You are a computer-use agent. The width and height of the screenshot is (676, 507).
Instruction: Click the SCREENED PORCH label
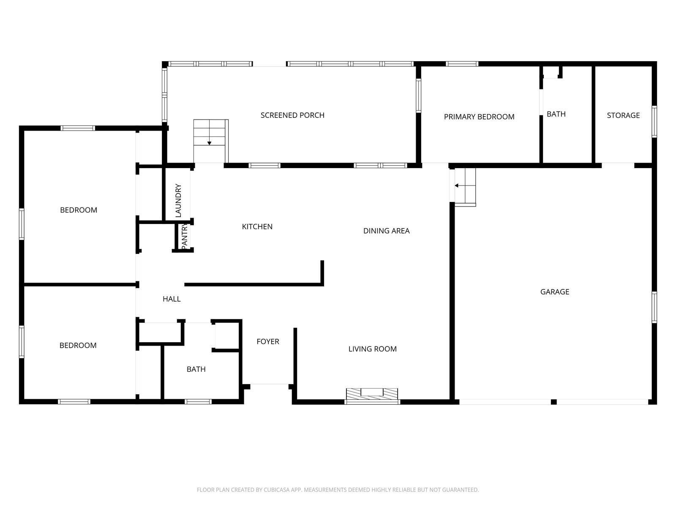(x=292, y=115)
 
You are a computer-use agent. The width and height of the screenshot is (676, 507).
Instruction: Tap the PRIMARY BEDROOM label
(x=479, y=117)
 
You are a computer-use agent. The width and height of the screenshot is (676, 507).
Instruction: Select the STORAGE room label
(x=623, y=115)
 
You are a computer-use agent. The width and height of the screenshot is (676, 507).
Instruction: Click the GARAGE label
(x=555, y=292)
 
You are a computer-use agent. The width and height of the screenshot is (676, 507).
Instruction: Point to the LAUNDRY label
(x=178, y=200)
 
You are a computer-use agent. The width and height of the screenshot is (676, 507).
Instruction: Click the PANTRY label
(x=185, y=237)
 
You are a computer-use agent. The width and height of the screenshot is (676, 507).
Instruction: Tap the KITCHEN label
(x=257, y=227)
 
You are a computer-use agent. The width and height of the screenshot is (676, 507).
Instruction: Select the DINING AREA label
(x=386, y=231)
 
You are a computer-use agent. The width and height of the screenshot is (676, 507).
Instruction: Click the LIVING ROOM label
(x=372, y=349)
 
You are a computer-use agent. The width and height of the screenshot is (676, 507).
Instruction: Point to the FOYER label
(x=268, y=341)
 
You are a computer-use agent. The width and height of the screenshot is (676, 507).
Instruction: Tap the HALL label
(x=172, y=299)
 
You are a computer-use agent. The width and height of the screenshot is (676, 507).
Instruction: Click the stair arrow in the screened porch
(x=209, y=143)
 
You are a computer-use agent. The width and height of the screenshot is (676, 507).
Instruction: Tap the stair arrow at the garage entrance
(x=457, y=185)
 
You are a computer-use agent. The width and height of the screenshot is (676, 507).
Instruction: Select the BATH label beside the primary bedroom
(x=556, y=114)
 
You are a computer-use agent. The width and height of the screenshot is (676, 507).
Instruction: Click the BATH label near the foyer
(x=196, y=369)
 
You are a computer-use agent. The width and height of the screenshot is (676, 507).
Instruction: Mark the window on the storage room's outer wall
(x=654, y=122)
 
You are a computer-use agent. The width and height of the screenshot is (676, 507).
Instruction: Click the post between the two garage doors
(x=554, y=402)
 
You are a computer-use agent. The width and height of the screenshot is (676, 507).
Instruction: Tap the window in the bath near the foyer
(x=198, y=401)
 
